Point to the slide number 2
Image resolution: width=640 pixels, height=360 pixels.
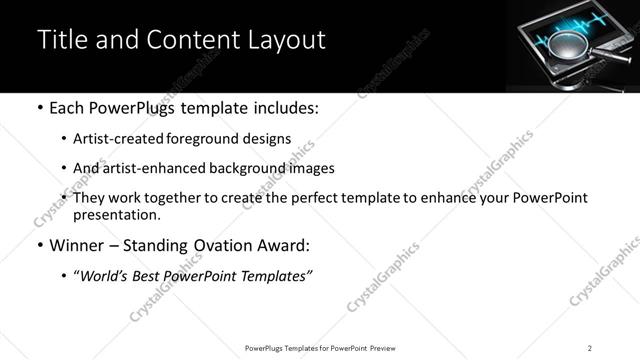(590, 348)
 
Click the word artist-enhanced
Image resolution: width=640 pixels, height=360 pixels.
(144, 169)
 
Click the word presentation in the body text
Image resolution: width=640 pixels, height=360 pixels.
(115, 215)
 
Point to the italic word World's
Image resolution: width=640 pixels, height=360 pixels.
(104, 276)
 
